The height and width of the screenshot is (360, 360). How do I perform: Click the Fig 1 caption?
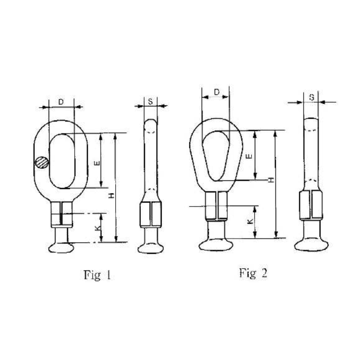97,274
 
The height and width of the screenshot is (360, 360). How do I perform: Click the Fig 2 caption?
253,272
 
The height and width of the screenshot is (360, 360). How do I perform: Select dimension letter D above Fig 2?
216,92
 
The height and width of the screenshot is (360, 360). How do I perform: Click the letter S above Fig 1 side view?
150,102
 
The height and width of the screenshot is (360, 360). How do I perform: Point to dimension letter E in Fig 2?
249,156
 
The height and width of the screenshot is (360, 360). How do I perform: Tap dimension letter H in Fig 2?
270,180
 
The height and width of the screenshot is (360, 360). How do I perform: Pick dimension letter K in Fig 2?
250,221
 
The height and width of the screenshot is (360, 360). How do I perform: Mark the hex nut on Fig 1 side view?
151,214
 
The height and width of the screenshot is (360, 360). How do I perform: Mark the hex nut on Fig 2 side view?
311,205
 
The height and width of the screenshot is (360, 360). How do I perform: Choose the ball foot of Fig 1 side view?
151,247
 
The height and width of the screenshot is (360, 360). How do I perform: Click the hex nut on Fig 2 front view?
216,205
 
